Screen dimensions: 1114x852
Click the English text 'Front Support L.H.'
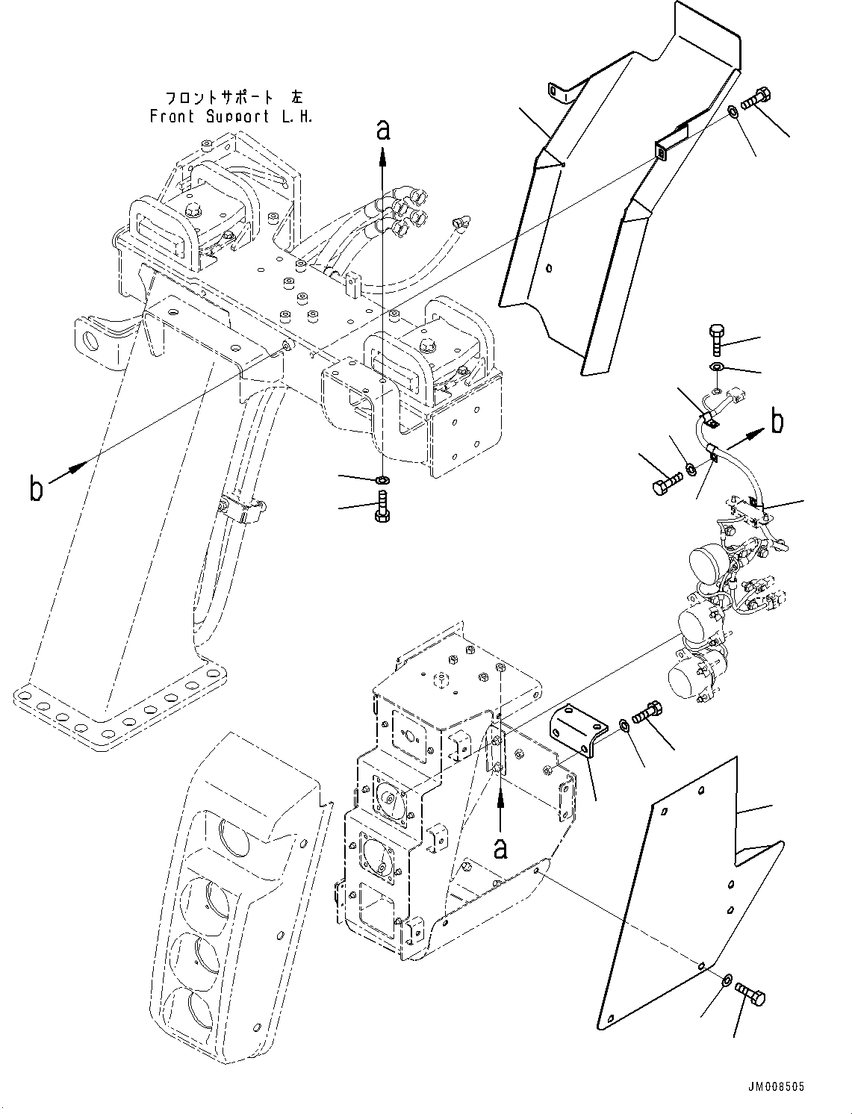[231, 116]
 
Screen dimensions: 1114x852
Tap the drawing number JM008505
[774, 1088]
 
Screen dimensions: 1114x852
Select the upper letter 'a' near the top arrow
[383, 130]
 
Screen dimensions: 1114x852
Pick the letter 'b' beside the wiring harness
[777, 422]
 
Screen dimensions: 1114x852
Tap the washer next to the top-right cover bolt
[734, 113]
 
